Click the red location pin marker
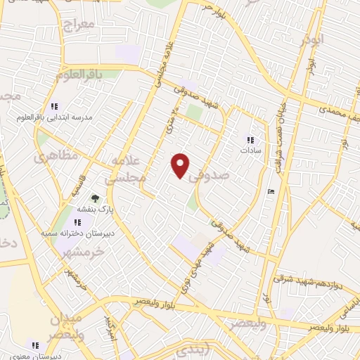pyautogui.click(x=181, y=165)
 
